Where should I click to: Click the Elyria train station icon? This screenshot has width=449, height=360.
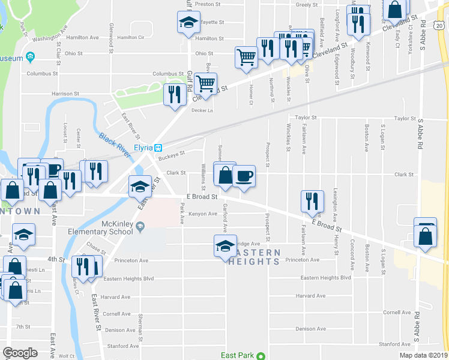pyautogui.click(x=158, y=148)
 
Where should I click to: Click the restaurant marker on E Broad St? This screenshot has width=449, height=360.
pyautogui.click(x=312, y=202)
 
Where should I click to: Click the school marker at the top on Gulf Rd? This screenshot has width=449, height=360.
pyautogui.click(x=188, y=23)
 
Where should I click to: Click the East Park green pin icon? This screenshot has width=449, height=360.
pyautogui.click(x=261, y=356)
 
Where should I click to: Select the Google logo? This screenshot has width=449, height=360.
pyautogui.click(x=20, y=353)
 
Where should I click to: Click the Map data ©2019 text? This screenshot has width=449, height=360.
pyautogui.click(x=423, y=355)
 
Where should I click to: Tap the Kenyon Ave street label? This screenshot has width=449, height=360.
pyautogui.click(x=202, y=214)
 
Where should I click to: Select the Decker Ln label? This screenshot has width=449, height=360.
pyautogui.click(x=202, y=110)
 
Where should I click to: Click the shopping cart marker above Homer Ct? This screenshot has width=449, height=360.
pyautogui.click(x=246, y=58)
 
